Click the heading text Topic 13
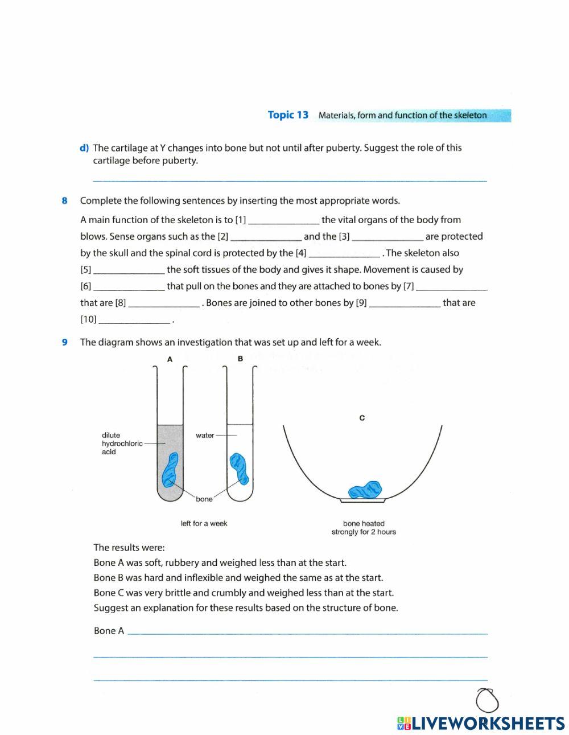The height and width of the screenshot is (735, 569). (x=288, y=115)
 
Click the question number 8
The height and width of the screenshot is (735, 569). (x=65, y=200)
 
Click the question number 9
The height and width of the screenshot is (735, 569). (x=65, y=342)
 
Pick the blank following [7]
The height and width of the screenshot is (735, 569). (x=452, y=288)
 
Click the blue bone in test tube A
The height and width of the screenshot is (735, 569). (x=170, y=470)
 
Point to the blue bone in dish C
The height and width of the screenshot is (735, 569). (x=365, y=490)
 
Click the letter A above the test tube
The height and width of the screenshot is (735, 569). (x=170, y=359)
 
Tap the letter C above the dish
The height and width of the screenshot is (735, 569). (x=362, y=418)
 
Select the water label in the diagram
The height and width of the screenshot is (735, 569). (x=205, y=436)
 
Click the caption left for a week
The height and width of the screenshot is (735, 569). (x=204, y=523)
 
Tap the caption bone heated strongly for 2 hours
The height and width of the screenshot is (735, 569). (x=364, y=528)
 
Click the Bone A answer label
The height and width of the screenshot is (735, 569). (x=109, y=631)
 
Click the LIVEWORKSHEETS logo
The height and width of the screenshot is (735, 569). (x=481, y=723)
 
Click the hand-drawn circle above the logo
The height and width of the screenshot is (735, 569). (x=487, y=700)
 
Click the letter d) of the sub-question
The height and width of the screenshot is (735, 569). (x=84, y=148)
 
